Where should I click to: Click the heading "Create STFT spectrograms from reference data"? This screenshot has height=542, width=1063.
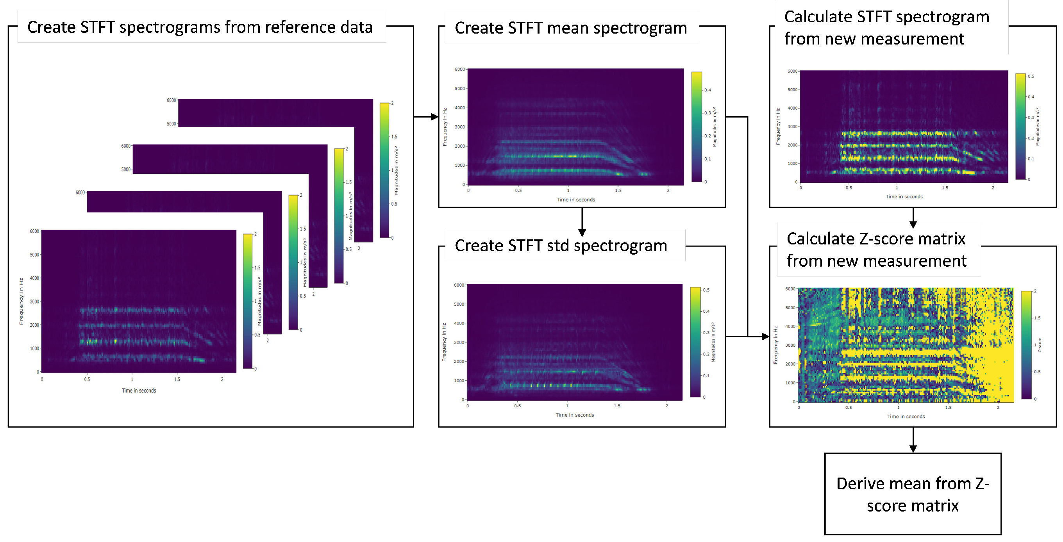[200, 27]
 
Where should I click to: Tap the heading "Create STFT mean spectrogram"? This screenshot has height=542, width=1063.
[571, 28]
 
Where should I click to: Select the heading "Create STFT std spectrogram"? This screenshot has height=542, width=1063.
[561, 246]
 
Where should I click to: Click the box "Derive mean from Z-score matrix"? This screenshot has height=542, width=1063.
[912, 494]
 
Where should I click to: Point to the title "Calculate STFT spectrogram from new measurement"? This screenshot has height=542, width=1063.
[886, 28]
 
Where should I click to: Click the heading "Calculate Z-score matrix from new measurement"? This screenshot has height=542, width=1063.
[876, 250]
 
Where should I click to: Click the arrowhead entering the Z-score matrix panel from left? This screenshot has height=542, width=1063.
[765, 337]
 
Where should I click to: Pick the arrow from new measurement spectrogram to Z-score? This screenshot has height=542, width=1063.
[913, 219]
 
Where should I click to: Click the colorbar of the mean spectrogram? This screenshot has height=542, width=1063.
[697, 127]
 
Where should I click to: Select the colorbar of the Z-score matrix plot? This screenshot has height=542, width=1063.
[1026, 345]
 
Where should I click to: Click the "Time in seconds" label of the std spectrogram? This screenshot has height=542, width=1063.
[574, 415]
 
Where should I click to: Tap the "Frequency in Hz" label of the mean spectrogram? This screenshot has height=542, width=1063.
[445, 127]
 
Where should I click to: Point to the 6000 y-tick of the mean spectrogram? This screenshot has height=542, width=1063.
[460, 69]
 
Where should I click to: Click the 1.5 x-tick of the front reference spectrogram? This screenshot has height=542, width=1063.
[177, 380]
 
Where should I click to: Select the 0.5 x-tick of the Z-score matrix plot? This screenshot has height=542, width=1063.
[849, 408]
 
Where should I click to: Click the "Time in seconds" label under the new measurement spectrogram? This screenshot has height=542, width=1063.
[904, 197]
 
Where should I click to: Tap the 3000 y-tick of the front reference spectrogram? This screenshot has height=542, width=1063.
[34, 301]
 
